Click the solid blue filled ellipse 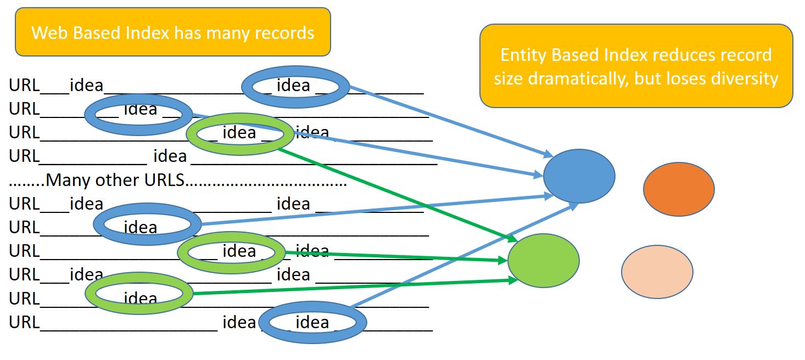click(x=579, y=176)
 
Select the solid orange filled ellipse click(x=679, y=189)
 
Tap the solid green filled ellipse click(x=543, y=261)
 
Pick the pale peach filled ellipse click(x=657, y=272)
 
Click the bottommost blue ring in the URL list click(x=312, y=322)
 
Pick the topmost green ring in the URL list click(x=240, y=133)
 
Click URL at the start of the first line click(x=24, y=86)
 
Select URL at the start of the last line click(x=24, y=323)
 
